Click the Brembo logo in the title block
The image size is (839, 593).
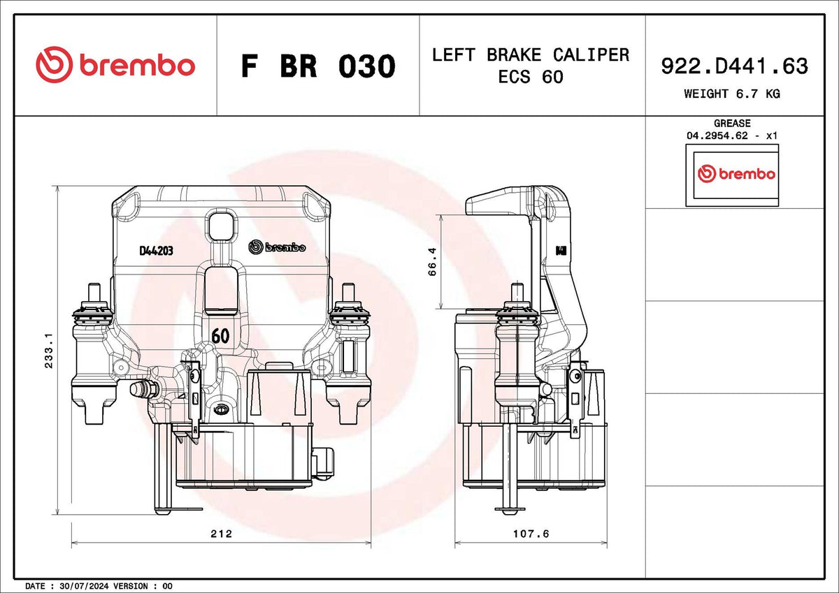pos(115,65)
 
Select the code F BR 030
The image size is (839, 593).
pos(318,66)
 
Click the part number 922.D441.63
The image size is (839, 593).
pos(735,66)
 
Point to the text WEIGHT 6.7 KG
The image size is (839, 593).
pos(732,94)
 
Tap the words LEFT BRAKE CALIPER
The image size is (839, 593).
pos(531,55)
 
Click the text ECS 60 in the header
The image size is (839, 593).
pos(531,77)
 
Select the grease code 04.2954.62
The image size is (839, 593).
pos(717,136)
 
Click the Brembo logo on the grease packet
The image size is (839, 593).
pos(736,174)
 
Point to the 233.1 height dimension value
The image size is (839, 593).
pos(49,351)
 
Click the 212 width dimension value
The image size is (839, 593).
pos(222,534)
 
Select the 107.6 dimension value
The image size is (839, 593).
pos(531,534)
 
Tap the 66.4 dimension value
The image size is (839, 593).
pos(432,261)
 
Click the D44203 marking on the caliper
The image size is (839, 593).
pos(156,251)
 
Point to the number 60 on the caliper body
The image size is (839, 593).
pos(220,335)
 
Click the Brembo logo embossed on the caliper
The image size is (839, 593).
pos(277,247)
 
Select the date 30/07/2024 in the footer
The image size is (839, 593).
pos(84,586)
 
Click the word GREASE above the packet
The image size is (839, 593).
pos(732,123)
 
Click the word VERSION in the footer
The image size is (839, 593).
pos(130,586)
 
